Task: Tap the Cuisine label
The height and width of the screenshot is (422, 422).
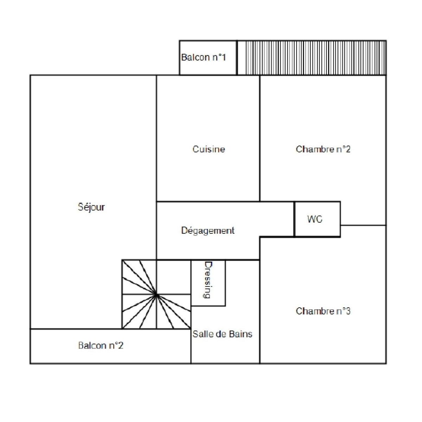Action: point(209,149)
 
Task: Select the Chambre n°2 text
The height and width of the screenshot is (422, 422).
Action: point(323,149)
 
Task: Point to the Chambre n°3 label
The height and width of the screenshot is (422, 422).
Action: point(323,311)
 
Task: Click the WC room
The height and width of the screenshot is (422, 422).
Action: point(317,219)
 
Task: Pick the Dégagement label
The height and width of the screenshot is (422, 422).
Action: point(208,231)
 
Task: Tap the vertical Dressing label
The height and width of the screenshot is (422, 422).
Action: point(208,280)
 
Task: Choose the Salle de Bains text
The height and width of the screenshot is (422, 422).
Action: point(222,334)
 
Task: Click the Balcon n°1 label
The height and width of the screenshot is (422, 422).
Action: point(204,57)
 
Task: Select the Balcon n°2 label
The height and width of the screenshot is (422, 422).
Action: point(101,346)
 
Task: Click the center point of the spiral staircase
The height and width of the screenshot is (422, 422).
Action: point(156,295)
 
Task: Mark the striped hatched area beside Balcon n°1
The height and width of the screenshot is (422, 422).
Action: point(312,58)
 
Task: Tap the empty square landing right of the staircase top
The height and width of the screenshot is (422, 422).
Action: point(173,277)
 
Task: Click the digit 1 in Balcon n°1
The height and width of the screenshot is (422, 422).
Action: point(224,57)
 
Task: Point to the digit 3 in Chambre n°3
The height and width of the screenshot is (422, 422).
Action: point(348,311)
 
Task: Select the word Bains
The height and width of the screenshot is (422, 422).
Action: point(241,334)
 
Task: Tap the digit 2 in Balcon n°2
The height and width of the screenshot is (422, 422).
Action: point(121,346)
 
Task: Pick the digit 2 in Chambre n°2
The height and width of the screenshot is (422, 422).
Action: point(348,149)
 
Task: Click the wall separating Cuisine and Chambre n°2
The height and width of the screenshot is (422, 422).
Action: point(260,138)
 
